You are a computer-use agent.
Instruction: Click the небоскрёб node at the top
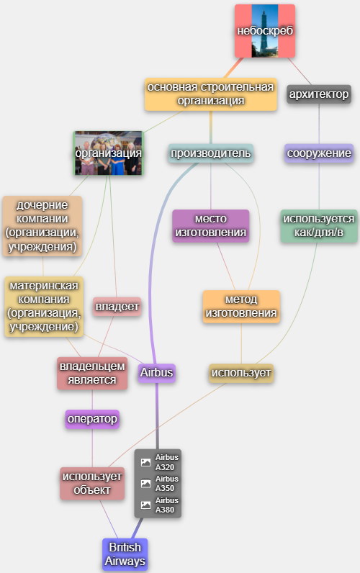tap(265, 31)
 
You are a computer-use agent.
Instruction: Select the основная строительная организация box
tap(210, 94)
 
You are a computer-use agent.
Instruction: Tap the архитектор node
tap(319, 94)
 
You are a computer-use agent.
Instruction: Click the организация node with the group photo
tap(109, 153)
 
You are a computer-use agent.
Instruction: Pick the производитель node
tap(210, 153)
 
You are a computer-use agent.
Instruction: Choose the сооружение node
tap(319, 153)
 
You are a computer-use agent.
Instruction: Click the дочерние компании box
tap(42, 226)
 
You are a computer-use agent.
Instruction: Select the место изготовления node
tap(210, 225)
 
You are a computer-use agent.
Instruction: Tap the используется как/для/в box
tap(319, 225)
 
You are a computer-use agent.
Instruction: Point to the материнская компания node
tap(44, 306)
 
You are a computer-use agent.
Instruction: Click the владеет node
tap(117, 306)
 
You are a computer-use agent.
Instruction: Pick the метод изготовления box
tap(241, 306)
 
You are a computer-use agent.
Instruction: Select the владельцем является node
tap(92, 373)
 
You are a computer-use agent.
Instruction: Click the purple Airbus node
tap(156, 373)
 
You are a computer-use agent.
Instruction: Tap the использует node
tap(241, 373)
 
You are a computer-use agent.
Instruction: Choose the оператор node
tap(92, 419)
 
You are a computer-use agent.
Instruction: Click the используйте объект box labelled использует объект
tap(92, 483)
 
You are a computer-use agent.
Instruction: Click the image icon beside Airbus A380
tap(146, 505)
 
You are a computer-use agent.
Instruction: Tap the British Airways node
tap(125, 554)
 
